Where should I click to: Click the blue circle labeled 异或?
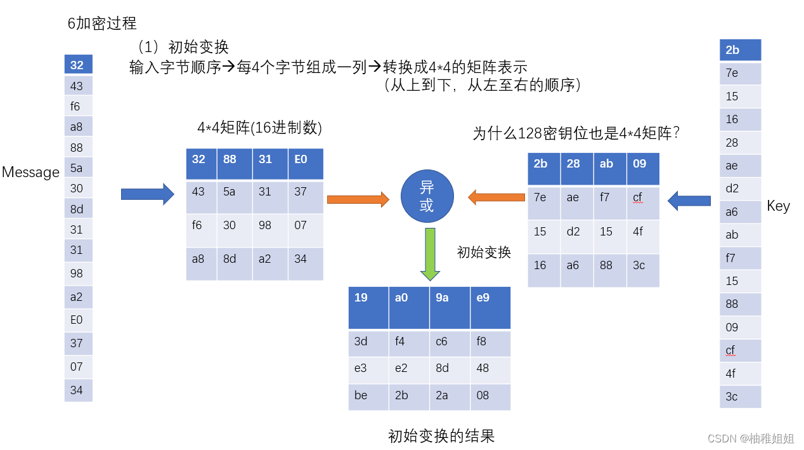(x=427, y=197)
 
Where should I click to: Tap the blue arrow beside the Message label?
(x=147, y=194)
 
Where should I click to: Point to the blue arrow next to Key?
(x=689, y=201)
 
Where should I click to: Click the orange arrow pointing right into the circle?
(x=358, y=200)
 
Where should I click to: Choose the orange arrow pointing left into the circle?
(x=496, y=198)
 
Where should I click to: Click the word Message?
(x=30, y=173)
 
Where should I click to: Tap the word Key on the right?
(x=778, y=206)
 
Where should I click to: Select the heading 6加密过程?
(x=102, y=23)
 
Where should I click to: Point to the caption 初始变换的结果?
(x=441, y=436)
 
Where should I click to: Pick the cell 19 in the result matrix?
(x=368, y=308)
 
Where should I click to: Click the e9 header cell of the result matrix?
(x=490, y=308)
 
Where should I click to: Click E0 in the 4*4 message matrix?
(x=306, y=164)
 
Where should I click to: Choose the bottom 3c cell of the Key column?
(x=740, y=397)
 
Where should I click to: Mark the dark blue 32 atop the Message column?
(x=78, y=65)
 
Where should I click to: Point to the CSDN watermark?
(x=750, y=439)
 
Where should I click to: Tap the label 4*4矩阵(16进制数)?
(x=260, y=128)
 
